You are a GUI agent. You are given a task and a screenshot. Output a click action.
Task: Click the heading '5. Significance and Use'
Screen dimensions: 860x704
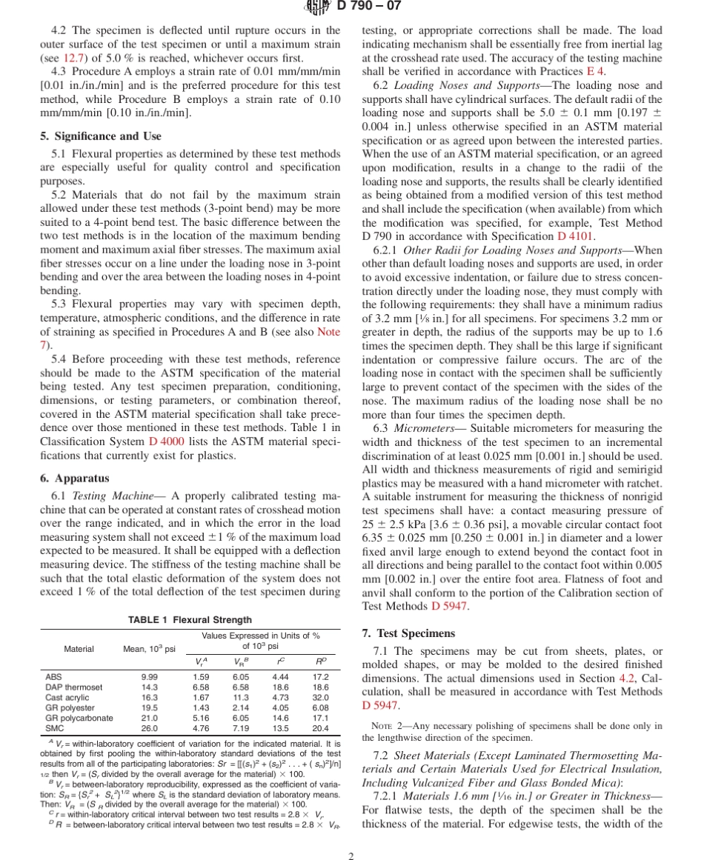tap(100, 136)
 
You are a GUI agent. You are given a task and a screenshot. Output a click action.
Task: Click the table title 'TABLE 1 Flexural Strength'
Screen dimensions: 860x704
tap(190, 620)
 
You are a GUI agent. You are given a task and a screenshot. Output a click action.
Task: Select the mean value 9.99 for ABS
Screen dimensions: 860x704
tap(149, 676)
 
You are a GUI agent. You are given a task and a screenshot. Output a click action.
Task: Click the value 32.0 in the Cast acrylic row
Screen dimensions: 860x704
tap(320, 697)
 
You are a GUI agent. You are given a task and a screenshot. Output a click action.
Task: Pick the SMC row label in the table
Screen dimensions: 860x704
tap(54, 728)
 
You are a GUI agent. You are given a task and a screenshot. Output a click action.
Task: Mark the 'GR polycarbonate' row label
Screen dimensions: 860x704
tap(79, 718)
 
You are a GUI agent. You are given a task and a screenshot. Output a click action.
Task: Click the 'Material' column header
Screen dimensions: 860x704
tap(79, 649)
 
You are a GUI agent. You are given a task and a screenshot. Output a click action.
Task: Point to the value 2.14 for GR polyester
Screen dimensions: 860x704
tap(240, 707)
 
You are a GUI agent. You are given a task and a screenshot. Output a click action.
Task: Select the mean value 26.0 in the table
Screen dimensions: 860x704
tap(149, 728)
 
